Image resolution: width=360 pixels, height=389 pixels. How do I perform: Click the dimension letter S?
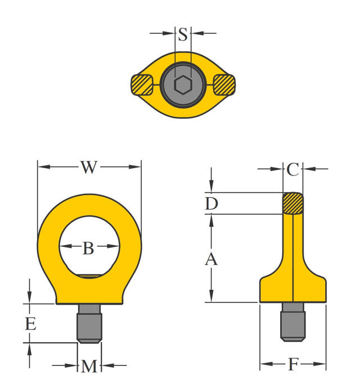pyautogui.click(x=183, y=35)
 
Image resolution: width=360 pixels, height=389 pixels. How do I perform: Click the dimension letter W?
pyautogui.click(x=88, y=167)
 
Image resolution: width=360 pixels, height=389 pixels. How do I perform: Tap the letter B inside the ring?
pyautogui.click(x=88, y=248)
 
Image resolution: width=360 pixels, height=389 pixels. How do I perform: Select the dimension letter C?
pyautogui.click(x=292, y=169)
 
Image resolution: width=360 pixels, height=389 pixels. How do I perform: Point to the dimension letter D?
pyautogui.click(x=211, y=203)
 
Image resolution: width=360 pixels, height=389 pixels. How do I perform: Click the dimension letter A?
pyautogui.click(x=211, y=259)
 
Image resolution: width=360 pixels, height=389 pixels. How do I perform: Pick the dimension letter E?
pyautogui.click(x=30, y=324)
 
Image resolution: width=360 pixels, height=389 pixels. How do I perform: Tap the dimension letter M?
pyautogui.click(x=89, y=367)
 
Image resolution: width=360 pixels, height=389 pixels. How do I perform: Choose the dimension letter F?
pyautogui.click(x=292, y=365)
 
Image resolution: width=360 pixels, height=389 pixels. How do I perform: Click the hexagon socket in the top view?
pyautogui.click(x=182, y=85)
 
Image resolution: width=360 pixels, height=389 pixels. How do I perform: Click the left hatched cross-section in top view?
pyautogui.click(x=141, y=85)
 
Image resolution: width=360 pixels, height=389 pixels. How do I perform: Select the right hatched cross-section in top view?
pyautogui.click(x=223, y=85)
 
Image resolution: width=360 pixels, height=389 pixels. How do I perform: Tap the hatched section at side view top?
pyautogui.click(x=292, y=203)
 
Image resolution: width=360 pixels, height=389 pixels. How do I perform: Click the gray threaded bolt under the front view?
pyautogui.click(x=89, y=324)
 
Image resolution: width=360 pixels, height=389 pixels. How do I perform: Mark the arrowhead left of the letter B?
pyautogui.click(x=64, y=247)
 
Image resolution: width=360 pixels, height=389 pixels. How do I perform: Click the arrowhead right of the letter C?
pyautogui.click(x=307, y=168)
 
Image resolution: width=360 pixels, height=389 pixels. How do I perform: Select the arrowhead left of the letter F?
pyautogui.click(x=264, y=364)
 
